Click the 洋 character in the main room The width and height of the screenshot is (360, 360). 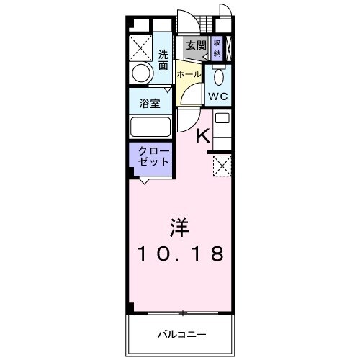(x=180, y=228)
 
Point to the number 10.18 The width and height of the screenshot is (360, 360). (x=180, y=253)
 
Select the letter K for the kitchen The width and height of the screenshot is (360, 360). (x=204, y=135)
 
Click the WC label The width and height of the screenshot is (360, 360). (x=219, y=96)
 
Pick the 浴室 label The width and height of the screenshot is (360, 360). (x=150, y=102)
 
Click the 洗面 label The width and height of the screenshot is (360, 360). (x=163, y=59)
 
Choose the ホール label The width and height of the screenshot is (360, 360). (x=189, y=74)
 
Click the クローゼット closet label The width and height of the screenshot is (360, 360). (x=150, y=157)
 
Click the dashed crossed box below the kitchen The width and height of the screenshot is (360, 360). (x=222, y=167)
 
